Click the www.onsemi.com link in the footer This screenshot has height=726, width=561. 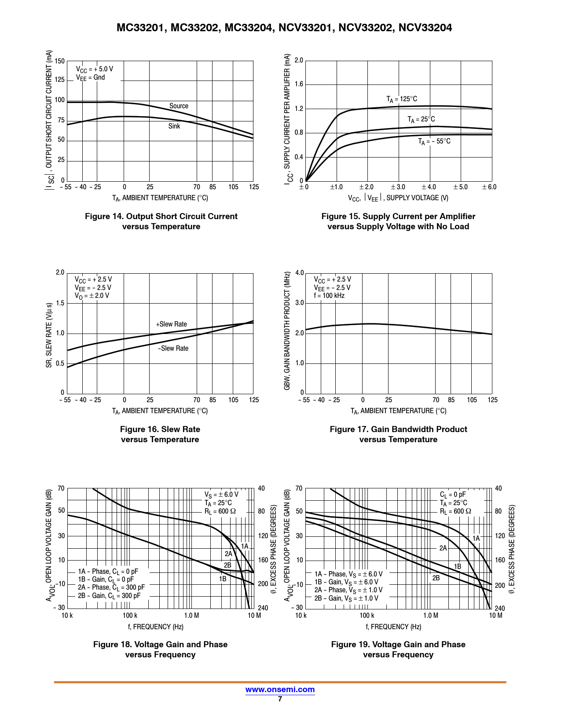(x=280, y=689)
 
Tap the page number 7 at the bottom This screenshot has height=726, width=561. (x=280, y=699)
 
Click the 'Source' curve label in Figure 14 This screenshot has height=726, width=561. (x=179, y=106)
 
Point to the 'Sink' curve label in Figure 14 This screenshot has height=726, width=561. (x=174, y=126)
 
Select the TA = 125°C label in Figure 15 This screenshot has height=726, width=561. (x=402, y=99)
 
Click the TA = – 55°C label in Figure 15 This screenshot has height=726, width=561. (x=434, y=141)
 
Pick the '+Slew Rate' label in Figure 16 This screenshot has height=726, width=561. (x=172, y=324)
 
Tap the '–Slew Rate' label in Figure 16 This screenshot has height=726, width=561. (x=173, y=348)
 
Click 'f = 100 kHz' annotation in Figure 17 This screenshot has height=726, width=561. (x=329, y=296)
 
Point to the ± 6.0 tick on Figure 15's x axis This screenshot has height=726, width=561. (x=489, y=187)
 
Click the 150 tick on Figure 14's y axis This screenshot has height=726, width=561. (x=60, y=61)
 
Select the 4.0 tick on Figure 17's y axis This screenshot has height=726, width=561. (x=300, y=273)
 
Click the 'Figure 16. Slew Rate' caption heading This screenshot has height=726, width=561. (x=160, y=429)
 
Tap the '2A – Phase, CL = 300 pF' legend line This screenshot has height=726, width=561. (x=111, y=587)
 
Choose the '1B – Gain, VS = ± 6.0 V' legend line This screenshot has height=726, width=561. (x=346, y=582)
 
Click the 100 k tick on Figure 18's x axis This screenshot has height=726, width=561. (x=130, y=616)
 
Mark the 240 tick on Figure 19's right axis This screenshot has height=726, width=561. (x=500, y=608)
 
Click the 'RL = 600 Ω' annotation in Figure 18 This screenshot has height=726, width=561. (x=220, y=511)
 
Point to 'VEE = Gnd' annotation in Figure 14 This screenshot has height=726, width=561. (x=90, y=77)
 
